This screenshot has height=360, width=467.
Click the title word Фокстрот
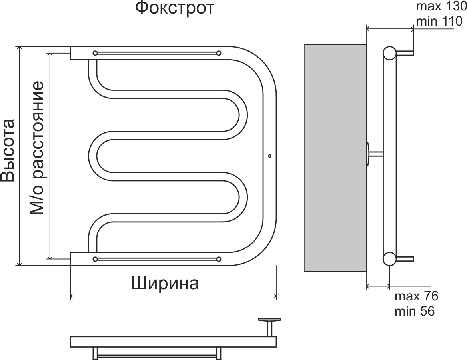click(174, 8)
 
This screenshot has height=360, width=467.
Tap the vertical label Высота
click(8, 150)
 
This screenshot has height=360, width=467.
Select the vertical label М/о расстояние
click(37, 148)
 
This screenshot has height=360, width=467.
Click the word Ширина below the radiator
click(165, 284)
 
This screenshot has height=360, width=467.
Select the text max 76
click(416, 297)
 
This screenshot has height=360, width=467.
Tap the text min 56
click(414, 311)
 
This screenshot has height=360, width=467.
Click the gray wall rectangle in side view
click(335, 158)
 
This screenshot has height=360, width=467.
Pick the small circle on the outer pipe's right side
click(269, 156)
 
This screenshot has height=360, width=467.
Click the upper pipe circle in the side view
click(389, 53)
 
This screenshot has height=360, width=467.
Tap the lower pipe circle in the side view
click(389, 259)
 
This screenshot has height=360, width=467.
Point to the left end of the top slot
click(95, 53)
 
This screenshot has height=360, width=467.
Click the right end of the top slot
click(218, 53)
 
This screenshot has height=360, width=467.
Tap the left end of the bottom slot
click(95, 259)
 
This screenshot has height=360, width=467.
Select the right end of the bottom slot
click(218, 259)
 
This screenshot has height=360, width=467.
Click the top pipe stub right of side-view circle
click(405, 53)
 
